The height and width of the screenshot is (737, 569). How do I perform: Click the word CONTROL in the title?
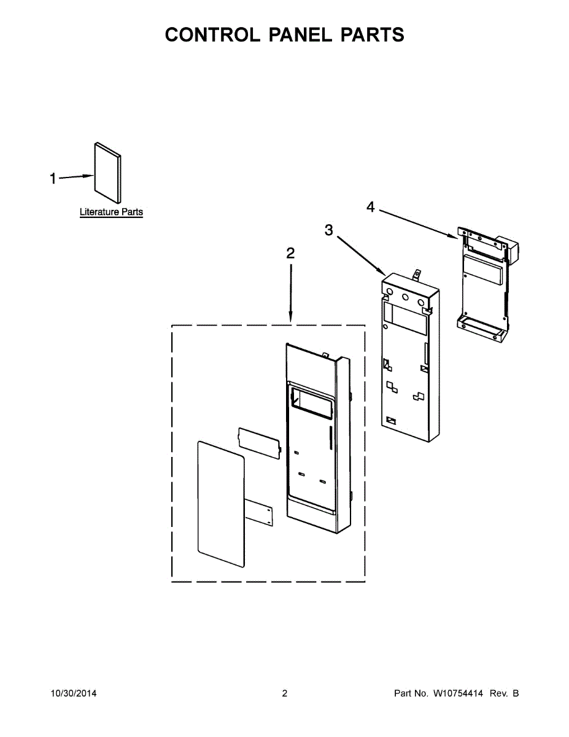pos(212,34)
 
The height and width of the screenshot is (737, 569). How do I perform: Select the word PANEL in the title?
pos(300,34)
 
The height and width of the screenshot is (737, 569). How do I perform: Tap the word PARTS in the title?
pos(373,34)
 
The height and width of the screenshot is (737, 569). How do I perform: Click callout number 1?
pos(53,178)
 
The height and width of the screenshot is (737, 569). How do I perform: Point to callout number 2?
pos(290,253)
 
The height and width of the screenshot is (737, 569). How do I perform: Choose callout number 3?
pos(328,230)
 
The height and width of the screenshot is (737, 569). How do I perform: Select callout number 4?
pos(371,206)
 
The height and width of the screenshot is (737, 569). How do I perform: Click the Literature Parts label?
pos(111,212)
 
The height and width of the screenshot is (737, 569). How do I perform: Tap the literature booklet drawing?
pos(107,173)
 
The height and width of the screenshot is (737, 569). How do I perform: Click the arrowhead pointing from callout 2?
pos(291,318)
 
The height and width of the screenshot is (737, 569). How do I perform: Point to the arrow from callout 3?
pos(362,255)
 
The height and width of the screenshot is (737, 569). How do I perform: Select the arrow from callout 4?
pos(419,224)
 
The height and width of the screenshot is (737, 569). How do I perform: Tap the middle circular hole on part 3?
pos(405,297)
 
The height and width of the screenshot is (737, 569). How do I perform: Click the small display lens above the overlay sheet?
pos(260,443)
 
